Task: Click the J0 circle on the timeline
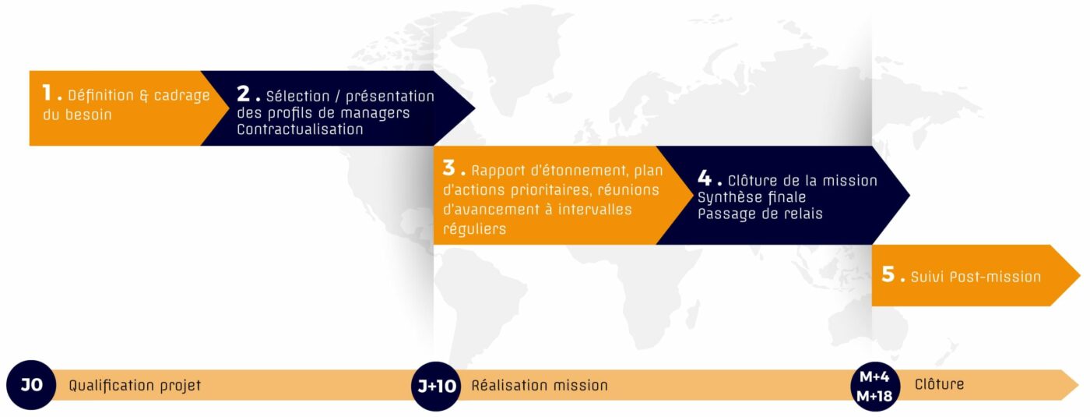31,385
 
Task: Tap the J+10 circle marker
436,387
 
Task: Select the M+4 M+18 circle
875,387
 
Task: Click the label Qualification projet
135,386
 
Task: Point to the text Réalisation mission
540,386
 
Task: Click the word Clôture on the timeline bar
939,384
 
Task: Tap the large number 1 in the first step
47,93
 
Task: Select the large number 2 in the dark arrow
243,94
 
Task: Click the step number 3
448,168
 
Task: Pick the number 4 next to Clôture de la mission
705,178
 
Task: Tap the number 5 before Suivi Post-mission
888,274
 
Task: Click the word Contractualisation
301,129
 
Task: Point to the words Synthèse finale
752,198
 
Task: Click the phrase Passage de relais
760,214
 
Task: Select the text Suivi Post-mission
976,277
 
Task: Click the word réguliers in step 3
474,229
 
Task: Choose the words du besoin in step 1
77,115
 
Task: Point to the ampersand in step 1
143,95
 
